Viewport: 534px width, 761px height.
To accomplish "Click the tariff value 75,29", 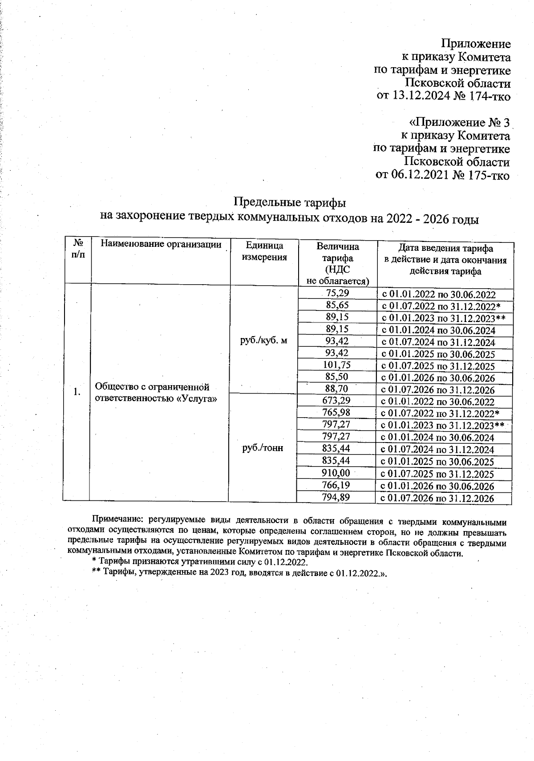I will [x=337, y=293].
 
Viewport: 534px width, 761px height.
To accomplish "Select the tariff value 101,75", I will [x=336, y=365].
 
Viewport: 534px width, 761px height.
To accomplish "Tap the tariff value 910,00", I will [x=336, y=473].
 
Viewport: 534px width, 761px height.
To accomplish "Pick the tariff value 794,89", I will [x=336, y=497].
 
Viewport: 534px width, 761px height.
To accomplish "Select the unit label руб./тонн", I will [x=263, y=448].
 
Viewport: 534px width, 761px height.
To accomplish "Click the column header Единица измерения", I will [x=264, y=251].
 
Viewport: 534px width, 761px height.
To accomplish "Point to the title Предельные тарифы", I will [x=290, y=203].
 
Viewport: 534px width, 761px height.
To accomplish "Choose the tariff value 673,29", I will [x=336, y=401].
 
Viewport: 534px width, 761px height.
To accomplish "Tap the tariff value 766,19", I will [x=336, y=485].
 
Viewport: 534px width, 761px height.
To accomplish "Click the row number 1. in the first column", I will [x=77, y=392].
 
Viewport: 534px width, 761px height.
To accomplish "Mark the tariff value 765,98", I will [x=336, y=413].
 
